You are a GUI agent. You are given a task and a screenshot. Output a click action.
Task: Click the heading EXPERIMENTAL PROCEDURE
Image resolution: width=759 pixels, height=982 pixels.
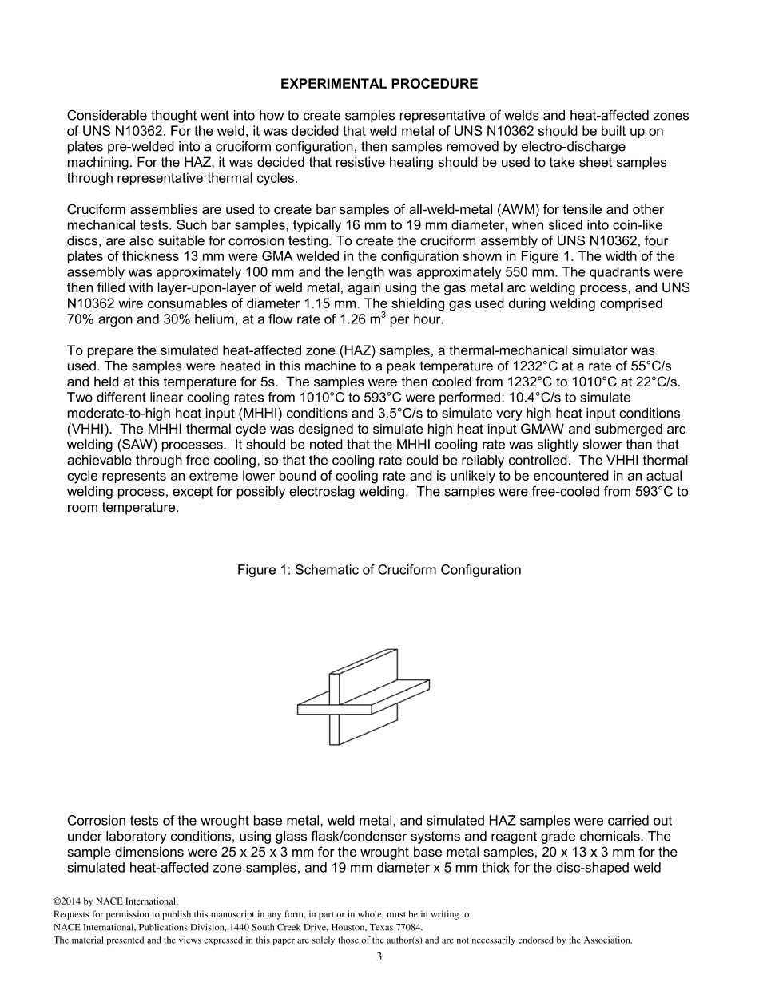[379, 84]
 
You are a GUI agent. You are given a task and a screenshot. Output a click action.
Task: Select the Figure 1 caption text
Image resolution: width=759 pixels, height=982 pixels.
[379, 570]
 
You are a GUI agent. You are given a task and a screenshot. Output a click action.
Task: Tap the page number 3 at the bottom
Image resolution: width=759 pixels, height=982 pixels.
[379, 957]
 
